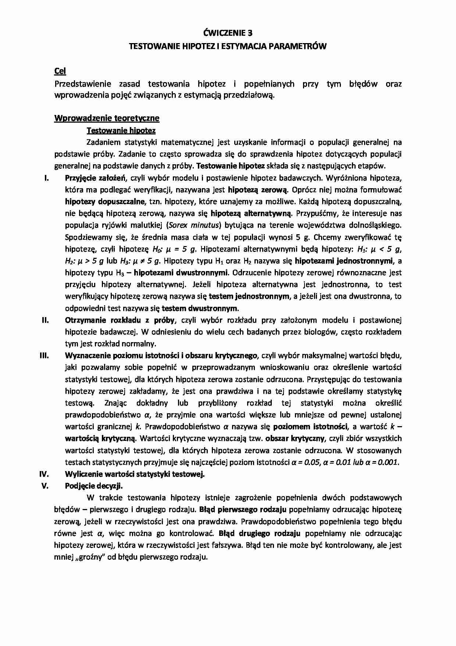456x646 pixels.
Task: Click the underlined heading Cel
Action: coord(60,71)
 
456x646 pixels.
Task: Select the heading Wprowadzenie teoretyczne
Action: coord(107,118)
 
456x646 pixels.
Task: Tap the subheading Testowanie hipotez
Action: coord(121,130)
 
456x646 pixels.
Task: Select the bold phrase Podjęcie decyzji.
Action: coord(94,486)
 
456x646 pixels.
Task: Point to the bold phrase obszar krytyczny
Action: coord(295,439)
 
